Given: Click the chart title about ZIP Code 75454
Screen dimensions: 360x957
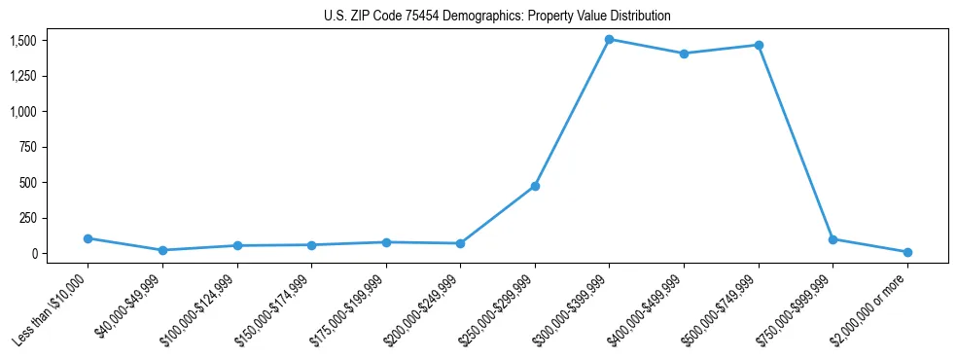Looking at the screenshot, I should click(497, 17).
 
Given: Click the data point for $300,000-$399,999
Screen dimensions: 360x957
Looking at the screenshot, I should click(609, 40).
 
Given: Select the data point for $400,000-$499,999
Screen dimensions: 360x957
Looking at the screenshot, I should click(684, 54).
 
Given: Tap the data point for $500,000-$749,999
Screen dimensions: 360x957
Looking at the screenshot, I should click(759, 46).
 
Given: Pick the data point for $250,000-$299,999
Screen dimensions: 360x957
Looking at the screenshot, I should click(535, 186).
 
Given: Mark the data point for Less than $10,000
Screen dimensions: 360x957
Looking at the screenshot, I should click(88, 238).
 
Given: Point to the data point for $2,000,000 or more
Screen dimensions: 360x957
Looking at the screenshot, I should click(907, 252).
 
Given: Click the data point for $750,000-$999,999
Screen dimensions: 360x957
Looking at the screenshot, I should click(833, 239).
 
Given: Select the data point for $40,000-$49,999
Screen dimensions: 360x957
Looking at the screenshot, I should click(162, 250).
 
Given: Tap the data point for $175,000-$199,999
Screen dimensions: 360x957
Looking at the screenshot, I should click(386, 242).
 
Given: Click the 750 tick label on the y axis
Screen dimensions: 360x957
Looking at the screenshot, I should click(27, 147).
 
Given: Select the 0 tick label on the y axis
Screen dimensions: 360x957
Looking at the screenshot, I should click(34, 253).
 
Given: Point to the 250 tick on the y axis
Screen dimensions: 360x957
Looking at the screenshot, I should click(27, 218).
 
